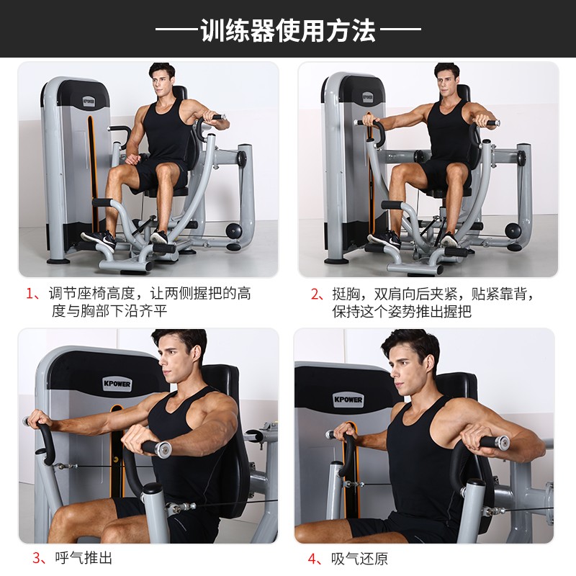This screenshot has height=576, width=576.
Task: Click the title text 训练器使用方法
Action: [x=288, y=30]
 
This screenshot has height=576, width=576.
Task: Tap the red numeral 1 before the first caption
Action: [x=30, y=294]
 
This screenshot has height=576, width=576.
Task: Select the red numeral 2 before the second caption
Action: [x=315, y=294]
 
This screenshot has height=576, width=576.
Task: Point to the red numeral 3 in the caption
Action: [x=37, y=557]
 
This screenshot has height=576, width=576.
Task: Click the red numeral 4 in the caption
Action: [x=312, y=559]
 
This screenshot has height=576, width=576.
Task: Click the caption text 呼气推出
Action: [x=84, y=557]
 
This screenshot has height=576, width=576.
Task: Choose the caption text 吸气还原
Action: [x=359, y=559]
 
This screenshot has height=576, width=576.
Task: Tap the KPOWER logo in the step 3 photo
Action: [x=117, y=384]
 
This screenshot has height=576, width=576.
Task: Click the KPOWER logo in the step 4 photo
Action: [x=348, y=400]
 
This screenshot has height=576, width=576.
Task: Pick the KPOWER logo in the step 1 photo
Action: [x=89, y=102]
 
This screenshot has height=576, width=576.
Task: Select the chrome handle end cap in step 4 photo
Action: [x=501, y=442]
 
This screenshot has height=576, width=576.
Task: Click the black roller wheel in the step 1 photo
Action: [x=233, y=230]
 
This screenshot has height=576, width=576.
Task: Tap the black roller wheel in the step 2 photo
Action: [x=513, y=230]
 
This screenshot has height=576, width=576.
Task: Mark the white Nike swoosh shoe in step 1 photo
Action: [x=99, y=240]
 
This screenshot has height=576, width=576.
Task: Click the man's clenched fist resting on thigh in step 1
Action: [x=133, y=159]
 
